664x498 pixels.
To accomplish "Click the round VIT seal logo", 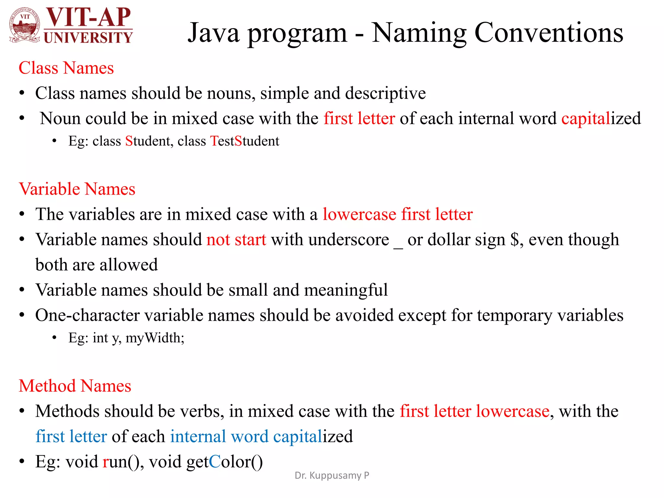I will [25, 25].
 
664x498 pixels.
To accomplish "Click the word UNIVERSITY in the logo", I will [88, 37].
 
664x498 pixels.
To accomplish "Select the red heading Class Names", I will [66, 68].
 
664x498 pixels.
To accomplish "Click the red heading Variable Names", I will [77, 189].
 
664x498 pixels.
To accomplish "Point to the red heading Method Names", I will [75, 386].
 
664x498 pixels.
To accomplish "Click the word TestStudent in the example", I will [245, 141].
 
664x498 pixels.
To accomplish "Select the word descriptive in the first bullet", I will [385, 93].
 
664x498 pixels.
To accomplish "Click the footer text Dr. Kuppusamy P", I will [332, 475].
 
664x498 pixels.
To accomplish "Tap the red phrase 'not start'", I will [236, 240].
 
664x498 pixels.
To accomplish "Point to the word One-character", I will [87, 315].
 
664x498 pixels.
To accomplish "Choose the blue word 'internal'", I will [198, 436].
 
